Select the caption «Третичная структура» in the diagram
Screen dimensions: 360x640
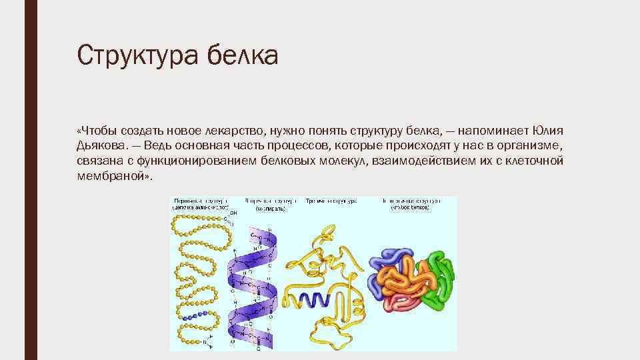tap(331, 201)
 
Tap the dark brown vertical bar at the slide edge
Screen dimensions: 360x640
tap(29, 180)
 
